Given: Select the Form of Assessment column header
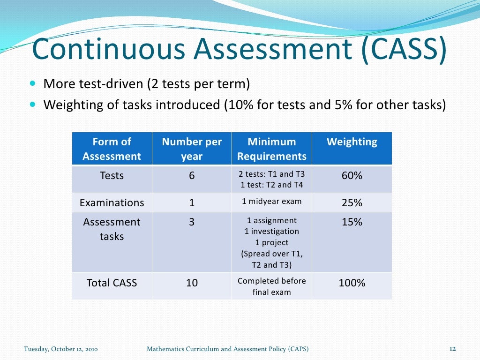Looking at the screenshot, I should point(112,149).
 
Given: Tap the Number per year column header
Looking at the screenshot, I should point(192,149).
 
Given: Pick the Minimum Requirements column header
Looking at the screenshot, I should point(272,149).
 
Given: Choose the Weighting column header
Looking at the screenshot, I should point(352,142).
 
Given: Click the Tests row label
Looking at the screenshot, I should point(112,176).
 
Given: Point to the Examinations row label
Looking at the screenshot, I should point(112,203).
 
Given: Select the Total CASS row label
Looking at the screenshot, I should point(112,283).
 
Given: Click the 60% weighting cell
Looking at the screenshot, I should point(352,176).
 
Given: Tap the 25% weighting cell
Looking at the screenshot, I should point(352,203).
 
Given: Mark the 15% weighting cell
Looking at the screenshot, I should point(352,222).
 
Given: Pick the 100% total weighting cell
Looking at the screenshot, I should point(352,283).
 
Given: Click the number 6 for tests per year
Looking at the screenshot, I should point(192,176).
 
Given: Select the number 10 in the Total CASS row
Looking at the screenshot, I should point(192,283).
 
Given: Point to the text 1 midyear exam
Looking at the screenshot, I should point(272,202).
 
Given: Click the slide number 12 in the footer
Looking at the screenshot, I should point(453,349).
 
